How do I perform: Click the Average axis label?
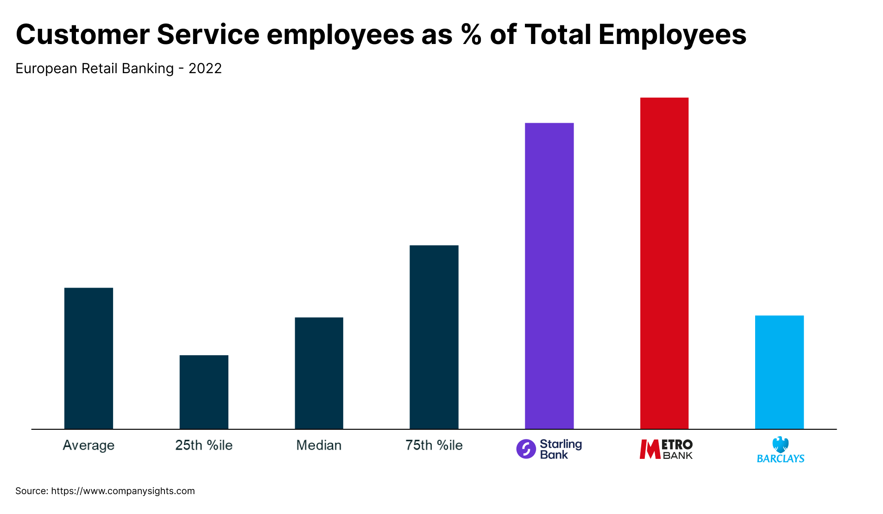point(88,445)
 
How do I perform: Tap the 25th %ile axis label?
point(204,445)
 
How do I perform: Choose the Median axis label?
point(319,445)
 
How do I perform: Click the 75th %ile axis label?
point(434,445)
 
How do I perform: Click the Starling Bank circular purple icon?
point(526,449)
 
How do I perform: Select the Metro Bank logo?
point(666,449)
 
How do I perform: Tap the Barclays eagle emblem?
point(781,445)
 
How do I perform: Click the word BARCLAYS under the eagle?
point(781,459)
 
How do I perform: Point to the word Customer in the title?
point(82,35)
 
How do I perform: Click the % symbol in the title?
point(471,35)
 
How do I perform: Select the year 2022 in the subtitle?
point(205,69)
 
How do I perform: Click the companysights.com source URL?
point(123,491)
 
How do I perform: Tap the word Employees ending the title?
point(672,35)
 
